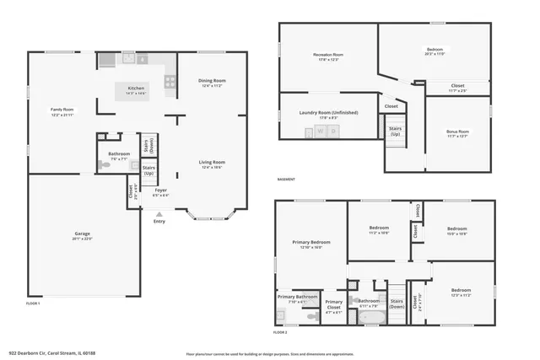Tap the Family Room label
click(x=62, y=110)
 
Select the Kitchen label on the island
click(x=136, y=89)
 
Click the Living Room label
click(x=212, y=163)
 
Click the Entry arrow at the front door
click(x=159, y=216)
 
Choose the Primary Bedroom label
click(x=311, y=244)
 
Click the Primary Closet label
click(x=334, y=304)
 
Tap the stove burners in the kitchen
click(x=170, y=82)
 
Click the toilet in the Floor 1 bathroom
click(x=105, y=166)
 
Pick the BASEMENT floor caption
click(x=287, y=180)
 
